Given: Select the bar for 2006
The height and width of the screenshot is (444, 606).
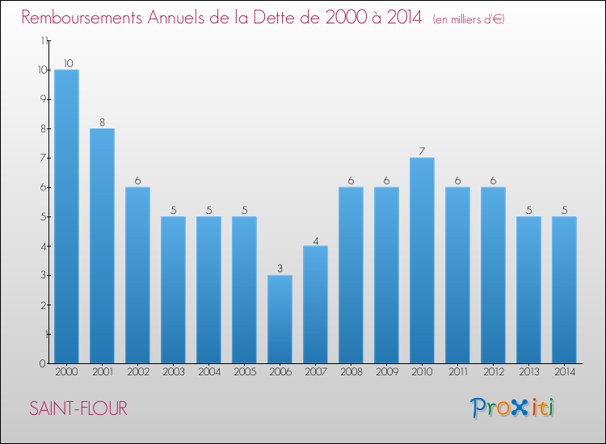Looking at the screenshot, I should (x=280, y=319).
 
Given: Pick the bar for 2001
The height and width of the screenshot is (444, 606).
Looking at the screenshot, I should (x=102, y=245).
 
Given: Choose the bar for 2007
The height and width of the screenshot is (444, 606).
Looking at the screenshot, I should (x=315, y=304).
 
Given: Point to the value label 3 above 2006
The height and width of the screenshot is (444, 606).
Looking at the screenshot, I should (x=280, y=269).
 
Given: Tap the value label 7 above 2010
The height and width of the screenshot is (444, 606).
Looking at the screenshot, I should (x=422, y=151).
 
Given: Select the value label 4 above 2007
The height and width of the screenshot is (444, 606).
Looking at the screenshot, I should (x=315, y=240).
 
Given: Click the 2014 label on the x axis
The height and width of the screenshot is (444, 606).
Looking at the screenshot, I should (x=564, y=372).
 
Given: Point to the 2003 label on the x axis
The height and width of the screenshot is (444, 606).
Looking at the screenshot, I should (x=173, y=372).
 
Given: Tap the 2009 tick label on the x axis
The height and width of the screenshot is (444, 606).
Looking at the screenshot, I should (x=386, y=372).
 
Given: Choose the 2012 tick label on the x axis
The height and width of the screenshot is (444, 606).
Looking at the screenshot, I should (x=493, y=372).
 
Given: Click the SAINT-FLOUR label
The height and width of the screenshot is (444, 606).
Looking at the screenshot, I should (x=78, y=408).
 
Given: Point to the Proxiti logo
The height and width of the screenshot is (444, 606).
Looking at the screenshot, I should (x=512, y=408).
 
